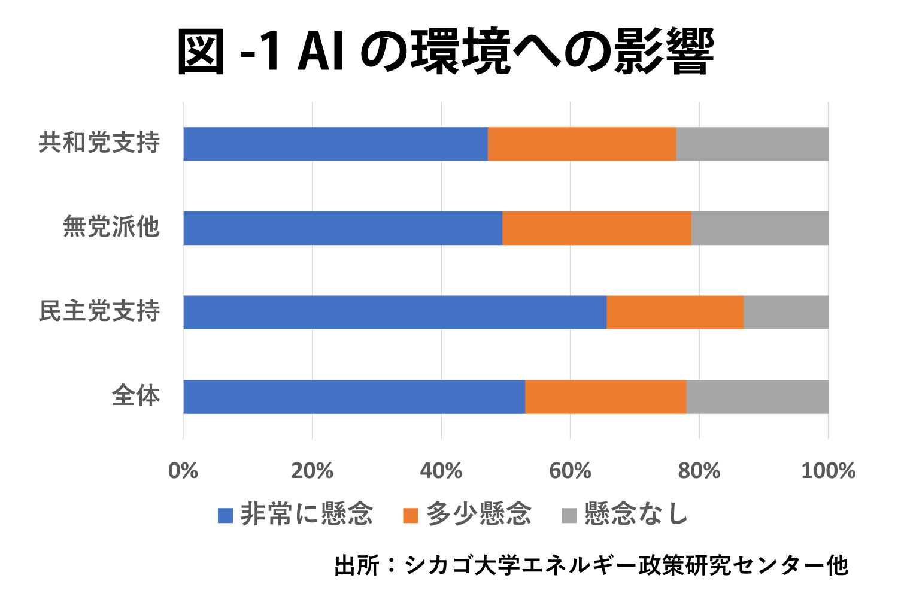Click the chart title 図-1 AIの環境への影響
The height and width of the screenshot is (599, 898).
(446, 51)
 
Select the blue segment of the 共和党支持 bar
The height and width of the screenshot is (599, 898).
(335, 144)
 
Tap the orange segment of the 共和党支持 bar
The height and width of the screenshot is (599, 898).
(582, 144)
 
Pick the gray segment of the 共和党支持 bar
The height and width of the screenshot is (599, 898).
(752, 144)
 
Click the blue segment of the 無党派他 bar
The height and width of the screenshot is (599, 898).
(343, 228)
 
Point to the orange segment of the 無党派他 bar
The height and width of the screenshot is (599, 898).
(597, 228)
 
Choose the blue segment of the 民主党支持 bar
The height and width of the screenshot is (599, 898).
(395, 313)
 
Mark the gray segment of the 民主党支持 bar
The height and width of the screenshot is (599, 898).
(786, 313)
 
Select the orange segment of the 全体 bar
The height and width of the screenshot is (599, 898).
(606, 397)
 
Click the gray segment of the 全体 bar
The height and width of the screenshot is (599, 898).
(757, 397)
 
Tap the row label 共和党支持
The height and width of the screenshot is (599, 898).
(99, 143)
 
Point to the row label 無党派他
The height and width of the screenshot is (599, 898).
(111, 226)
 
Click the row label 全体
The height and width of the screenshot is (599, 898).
(136, 395)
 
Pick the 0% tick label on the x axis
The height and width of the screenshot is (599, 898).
(183, 471)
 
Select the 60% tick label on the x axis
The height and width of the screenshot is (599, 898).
(570, 471)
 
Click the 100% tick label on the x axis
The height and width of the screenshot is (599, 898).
(828, 471)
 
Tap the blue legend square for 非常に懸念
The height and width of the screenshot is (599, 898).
(225, 516)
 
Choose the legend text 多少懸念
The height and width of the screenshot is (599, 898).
(479, 514)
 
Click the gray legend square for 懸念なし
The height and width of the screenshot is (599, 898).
(569, 516)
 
